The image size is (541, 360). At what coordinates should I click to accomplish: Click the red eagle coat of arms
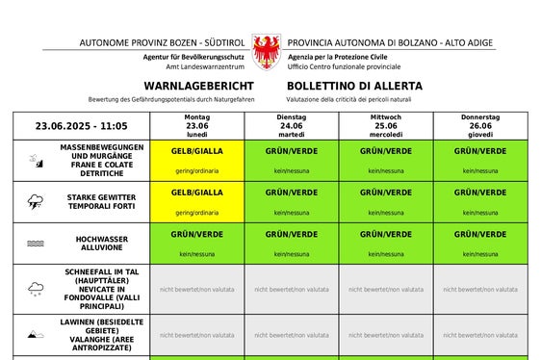(265, 51)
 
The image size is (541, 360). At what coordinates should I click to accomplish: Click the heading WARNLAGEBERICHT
(184, 86)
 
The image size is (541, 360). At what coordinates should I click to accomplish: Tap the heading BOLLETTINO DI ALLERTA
(353, 86)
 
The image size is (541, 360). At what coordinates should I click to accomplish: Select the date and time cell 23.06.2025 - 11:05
(82, 126)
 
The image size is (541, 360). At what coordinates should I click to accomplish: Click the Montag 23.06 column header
(196, 126)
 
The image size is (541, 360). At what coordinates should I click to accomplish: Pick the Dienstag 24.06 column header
(291, 126)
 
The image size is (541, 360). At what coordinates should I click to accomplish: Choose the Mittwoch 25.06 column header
(385, 126)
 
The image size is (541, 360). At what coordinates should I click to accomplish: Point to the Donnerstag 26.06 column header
(480, 126)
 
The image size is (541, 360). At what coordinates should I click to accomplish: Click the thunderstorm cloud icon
(35, 202)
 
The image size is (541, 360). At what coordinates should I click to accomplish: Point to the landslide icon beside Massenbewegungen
(35, 160)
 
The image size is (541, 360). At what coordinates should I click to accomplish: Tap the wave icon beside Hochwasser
(35, 244)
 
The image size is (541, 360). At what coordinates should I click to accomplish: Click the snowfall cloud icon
(35, 289)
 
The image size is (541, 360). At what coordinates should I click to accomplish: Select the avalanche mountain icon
(35, 335)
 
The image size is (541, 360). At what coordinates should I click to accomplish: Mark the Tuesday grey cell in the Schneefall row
(291, 289)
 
